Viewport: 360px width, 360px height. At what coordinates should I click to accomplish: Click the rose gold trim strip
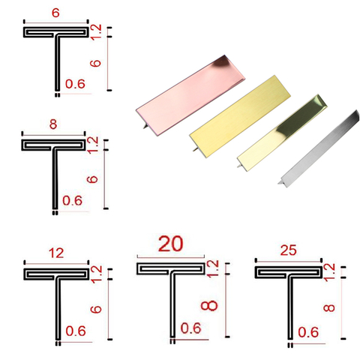190,95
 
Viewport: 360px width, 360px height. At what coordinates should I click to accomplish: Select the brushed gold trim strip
240,116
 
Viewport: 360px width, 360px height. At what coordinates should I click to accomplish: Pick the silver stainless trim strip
319,149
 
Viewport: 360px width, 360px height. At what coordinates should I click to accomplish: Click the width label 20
171,244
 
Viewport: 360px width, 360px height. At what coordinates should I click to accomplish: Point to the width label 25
288,250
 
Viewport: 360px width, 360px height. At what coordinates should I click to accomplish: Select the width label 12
56,253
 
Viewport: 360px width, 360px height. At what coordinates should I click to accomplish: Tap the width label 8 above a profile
53,124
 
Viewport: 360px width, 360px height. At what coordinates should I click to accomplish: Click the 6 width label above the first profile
55,13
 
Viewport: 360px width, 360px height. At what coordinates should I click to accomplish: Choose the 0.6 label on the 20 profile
190,328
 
